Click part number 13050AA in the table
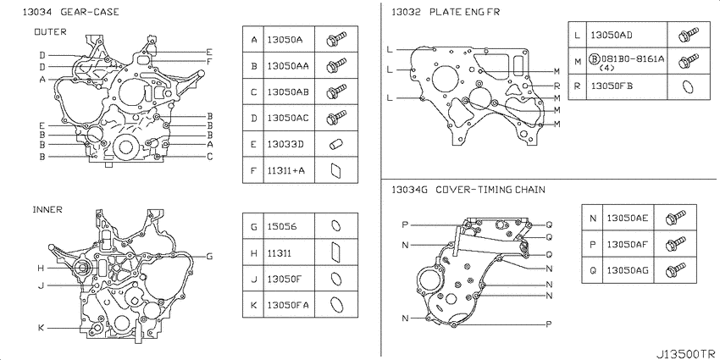pos(288,66)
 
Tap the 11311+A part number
pos(285,171)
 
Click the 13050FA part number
pos(288,305)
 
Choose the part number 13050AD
pos(612,35)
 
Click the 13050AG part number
pos(627,270)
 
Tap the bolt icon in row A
pos(335,39)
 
